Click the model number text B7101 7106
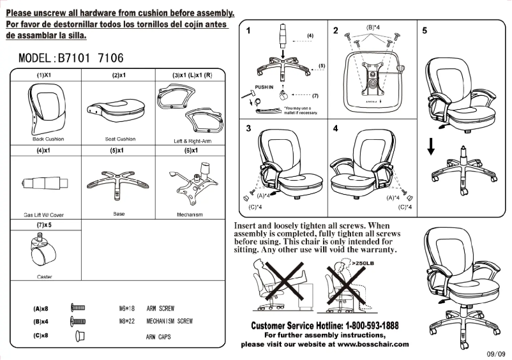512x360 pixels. tap(89, 58)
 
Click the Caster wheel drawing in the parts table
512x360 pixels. tap(43, 251)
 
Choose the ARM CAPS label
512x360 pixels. tap(160, 336)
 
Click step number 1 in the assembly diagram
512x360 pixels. tap(248, 30)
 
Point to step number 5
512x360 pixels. tap(425, 30)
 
